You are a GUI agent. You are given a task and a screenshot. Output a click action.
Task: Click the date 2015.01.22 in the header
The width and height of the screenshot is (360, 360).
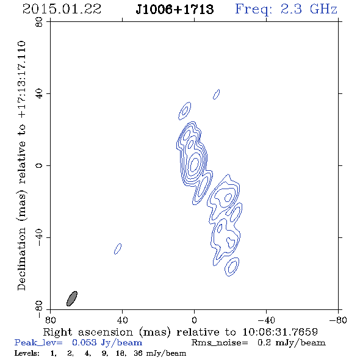click(62, 9)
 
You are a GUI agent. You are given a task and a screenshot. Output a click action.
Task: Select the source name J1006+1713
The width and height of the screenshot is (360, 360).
click(175, 9)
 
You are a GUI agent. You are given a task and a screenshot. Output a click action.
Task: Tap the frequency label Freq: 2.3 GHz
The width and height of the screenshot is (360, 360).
click(286, 9)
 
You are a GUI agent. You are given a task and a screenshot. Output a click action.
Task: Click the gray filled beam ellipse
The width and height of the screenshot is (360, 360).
click(72, 298)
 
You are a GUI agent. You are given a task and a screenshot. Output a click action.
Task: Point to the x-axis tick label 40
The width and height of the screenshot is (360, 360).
click(122, 320)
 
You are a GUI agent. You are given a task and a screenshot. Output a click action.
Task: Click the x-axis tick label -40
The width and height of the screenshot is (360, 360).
click(266, 320)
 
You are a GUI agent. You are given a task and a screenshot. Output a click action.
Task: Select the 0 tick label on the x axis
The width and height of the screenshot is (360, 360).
click(194, 320)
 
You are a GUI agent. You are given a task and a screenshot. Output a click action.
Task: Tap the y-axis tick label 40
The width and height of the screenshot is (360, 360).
click(39, 94)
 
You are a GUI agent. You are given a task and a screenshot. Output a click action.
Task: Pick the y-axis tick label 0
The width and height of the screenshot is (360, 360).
click(39, 165)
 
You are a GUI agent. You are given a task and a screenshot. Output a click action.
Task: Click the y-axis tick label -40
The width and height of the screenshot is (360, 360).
click(39, 237)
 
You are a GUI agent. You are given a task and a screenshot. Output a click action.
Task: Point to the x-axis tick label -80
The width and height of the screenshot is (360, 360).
click(338, 320)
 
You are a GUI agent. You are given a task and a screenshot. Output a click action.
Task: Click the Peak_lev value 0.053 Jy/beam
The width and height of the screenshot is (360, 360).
click(107, 343)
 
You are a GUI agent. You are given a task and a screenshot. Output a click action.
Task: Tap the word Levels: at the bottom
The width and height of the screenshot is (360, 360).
click(27, 353)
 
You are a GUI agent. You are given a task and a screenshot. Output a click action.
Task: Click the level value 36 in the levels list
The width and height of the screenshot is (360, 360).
click(139, 353)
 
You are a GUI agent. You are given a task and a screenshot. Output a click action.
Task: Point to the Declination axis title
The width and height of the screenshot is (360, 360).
click(21, 165)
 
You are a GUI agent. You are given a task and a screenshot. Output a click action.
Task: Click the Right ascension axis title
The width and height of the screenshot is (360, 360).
click(180, 332)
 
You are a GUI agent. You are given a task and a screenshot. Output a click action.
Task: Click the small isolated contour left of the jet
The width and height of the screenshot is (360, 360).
click(118, 249)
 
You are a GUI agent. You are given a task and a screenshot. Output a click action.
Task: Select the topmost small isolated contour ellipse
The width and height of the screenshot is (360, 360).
click(216, 95)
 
